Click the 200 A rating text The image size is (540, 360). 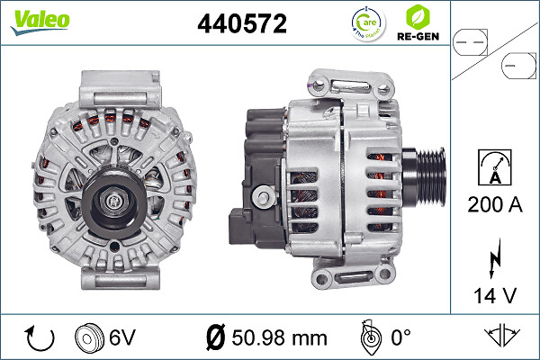point(495,204)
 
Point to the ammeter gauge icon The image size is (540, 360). point(495,167)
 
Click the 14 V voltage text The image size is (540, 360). point(495,293)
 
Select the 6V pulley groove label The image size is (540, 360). point(121,337)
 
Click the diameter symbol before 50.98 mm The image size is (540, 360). point(215,337)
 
